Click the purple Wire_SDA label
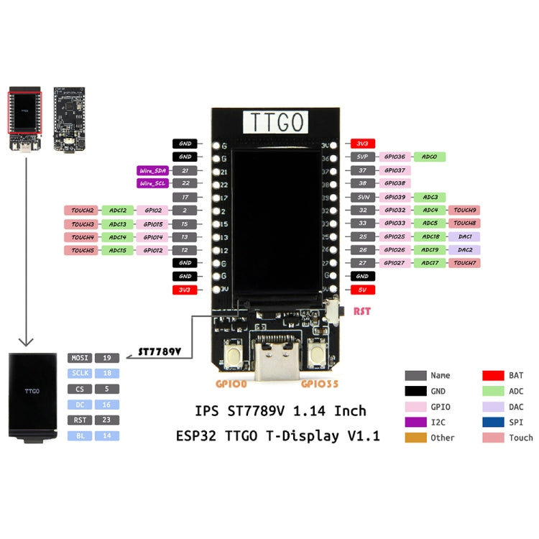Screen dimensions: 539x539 (152, 170)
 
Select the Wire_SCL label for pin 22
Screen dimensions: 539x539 (152, 184)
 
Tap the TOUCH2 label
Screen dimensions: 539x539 (83, 211)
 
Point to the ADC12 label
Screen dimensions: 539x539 (118, 211)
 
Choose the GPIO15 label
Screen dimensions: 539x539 (152, 224)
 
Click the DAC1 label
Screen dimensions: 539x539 (464, 236)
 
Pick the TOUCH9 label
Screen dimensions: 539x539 (464, 211)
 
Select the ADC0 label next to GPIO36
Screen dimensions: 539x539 (430, 157)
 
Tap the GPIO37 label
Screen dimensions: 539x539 (395, 170)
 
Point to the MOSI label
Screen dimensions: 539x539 (79, 358)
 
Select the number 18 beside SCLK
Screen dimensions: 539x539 (106, 374)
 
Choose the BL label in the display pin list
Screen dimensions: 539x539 (79, 436)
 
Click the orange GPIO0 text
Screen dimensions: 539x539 (231, 384)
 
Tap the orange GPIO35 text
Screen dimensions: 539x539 (320, 384)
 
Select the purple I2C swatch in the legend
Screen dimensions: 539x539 (415, 422)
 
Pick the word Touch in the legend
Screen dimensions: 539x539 (521, 438)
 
